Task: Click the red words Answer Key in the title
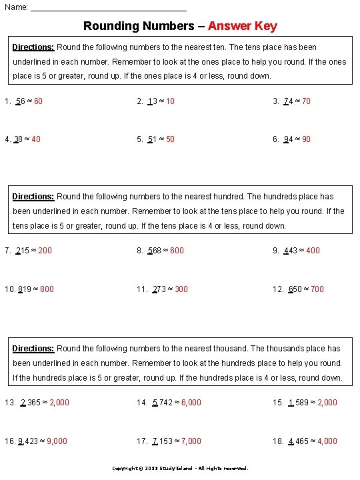242,26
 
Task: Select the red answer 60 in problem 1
38,101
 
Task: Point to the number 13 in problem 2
152,101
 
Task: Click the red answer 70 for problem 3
306,101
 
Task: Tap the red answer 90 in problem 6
306,139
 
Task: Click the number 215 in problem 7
23,251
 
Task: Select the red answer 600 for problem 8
177,251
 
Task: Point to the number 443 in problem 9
291,251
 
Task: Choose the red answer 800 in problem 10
47,289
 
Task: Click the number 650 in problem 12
295,289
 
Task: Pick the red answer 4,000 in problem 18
327,441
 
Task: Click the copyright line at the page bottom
179,468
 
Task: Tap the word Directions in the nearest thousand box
33,349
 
